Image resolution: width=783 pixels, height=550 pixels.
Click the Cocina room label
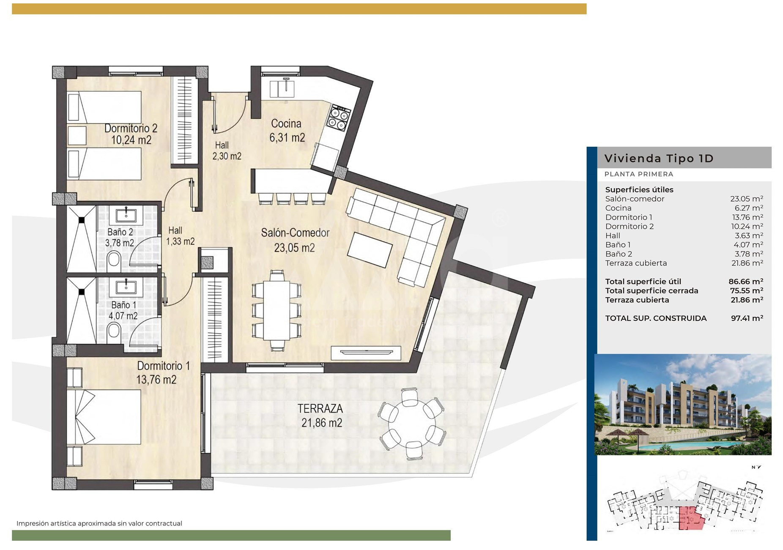[x=286, y=123]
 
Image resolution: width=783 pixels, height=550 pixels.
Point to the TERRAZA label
[x=320, y=408]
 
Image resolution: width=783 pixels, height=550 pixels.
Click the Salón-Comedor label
[x=295, y=233]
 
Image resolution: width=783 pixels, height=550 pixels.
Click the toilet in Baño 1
[x=114, y=332]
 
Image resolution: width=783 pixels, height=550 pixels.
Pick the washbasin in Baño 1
[x=126, y=287]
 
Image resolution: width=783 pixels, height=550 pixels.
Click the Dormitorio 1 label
[x=163, y=366]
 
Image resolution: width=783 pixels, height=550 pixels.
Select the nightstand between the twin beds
[x=77, y=135]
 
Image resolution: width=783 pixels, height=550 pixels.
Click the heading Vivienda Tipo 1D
[x=659, y=159]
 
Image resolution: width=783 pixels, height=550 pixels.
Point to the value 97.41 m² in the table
[x=747, y=318]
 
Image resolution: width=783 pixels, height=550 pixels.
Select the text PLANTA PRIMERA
[x=638, y=174]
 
